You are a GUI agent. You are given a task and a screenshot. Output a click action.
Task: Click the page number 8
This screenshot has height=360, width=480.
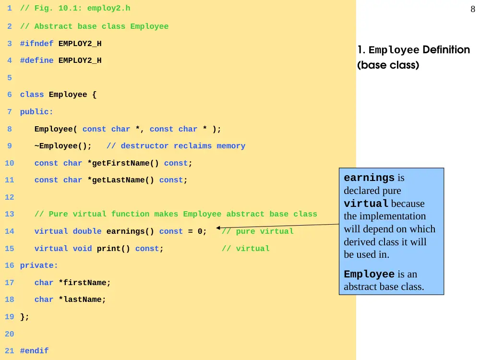(x=473, y=9)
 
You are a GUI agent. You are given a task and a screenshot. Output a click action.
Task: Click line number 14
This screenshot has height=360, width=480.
(x=10, y=231)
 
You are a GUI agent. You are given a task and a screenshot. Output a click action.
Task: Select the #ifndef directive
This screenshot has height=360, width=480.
(x=37, y=44)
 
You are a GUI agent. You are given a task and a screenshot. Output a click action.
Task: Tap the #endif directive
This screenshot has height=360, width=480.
(x=34, y=351)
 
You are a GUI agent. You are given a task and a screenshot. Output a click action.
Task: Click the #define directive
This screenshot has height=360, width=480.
(x=37, y=60)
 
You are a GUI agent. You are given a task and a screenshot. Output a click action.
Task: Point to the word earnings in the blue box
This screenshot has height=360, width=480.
(x=369, y=178)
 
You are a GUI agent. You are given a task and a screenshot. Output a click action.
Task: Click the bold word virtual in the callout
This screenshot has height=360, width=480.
(x=366, y=204)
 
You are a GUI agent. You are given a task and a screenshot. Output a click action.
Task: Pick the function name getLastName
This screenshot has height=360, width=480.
(x=120, y=180)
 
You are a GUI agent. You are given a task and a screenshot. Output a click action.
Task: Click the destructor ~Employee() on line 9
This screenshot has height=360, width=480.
(x=63, y=146)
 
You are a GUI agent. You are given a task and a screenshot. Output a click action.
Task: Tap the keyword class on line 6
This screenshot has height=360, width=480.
(x=32, y=95)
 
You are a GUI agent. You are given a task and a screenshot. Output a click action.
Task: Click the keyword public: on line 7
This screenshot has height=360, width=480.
(x=37, y=112)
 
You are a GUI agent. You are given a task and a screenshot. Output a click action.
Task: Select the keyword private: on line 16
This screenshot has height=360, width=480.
(x=39, y=265)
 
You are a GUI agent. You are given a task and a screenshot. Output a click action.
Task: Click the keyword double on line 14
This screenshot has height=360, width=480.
(x=87, y=231)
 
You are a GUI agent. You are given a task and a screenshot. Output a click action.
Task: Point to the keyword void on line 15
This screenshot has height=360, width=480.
(x=83, y=249)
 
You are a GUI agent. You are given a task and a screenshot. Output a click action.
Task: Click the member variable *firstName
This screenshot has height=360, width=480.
(x=84, y=283)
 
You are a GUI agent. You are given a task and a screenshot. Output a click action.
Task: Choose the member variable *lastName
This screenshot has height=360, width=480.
(x=82, y=300)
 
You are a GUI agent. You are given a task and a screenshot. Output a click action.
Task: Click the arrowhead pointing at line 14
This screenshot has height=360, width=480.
(x=218, y=228)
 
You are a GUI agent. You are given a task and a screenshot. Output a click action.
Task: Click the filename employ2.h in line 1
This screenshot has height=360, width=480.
(x=108, y=8)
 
